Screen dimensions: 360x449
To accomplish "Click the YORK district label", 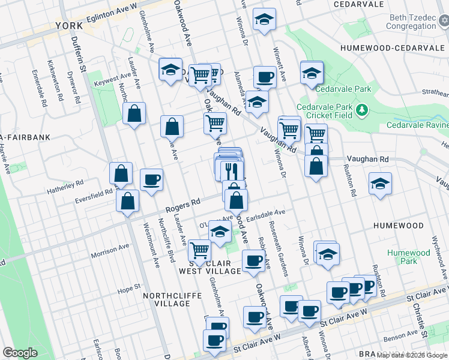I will pos(69,26).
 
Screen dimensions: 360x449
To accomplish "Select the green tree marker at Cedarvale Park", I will pos(362,110).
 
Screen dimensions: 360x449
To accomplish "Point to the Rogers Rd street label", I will pos(182,206).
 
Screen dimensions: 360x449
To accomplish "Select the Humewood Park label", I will pos(409,257).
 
